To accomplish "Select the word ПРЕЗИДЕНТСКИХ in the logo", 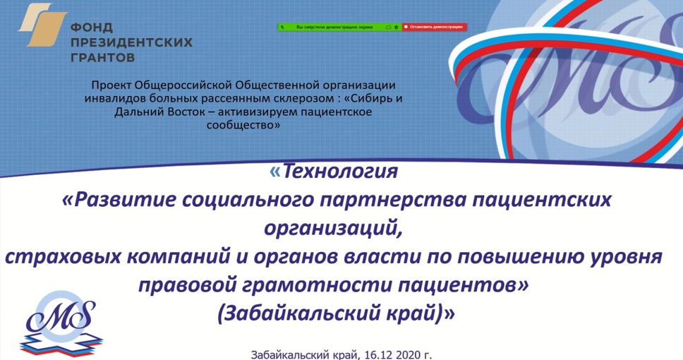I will point(131,42).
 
